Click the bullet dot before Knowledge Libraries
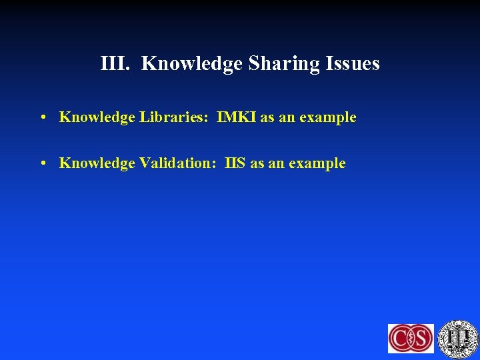click(x=42, y=118)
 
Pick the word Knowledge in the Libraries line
click(x=97, y=118)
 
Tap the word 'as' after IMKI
click(x=267, y=118)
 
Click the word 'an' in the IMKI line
click(x=287, y=118)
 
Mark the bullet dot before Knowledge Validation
click(x=42, y=164)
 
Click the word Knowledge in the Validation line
click(x=97, y=163)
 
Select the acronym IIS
click(x=235, y=163)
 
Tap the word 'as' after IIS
click(x=257, y=164)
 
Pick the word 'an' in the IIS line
click(x=276, y=164)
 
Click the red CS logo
click(x=411, y=338)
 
